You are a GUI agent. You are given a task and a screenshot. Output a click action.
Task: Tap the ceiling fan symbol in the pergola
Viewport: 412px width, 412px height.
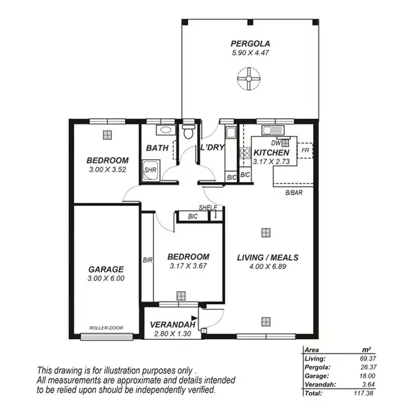point(247,82)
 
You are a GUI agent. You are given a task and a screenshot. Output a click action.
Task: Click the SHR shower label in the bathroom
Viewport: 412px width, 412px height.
point(150,170)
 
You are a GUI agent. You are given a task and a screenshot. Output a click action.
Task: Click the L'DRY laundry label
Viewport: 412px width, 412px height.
point(211,148)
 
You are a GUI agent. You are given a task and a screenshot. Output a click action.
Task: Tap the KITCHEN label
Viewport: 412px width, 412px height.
point(271,152)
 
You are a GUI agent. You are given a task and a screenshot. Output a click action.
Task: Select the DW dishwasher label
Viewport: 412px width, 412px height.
point(275,142)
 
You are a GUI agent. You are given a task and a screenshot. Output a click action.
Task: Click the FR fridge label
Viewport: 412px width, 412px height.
point(304,150)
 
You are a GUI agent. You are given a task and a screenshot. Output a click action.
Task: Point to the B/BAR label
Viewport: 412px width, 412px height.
point(295,193)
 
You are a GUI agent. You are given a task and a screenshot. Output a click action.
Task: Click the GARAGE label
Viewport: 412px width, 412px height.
point(106,269)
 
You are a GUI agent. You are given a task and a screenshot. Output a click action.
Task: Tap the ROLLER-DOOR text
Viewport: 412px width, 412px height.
point(106,328)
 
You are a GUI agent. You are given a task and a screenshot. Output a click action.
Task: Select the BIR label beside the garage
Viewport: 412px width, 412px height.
point(147,260)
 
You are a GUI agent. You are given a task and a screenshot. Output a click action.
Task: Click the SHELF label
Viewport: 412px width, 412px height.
point(207,207)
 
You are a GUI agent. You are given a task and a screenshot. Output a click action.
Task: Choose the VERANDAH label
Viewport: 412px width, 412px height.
point(172,325)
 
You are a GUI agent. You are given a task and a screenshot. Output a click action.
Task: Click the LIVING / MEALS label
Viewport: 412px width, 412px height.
point(267,257)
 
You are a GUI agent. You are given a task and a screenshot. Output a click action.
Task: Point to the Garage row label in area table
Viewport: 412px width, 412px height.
point(314,376)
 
